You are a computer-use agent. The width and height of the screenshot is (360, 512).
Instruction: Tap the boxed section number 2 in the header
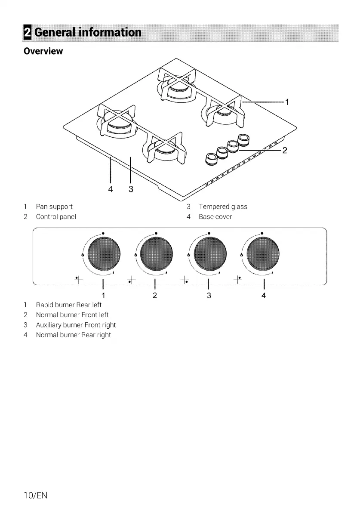click(x=28, y=33)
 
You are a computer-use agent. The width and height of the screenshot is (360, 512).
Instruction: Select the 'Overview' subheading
click(x=43, y=51)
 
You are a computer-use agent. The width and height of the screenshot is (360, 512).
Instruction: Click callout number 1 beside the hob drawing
click(x=287, y=102)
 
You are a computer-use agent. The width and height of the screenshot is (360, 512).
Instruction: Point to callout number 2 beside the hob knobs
click(x=284, y=150)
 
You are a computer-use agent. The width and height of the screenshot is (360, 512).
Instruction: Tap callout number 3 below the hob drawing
click(x=131, y=189)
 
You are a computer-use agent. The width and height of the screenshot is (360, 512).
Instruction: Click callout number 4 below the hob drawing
click(x=111, y=189)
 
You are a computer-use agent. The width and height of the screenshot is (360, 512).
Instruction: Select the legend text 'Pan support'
click(x=54, y=207)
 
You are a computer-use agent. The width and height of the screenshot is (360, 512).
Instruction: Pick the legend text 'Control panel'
click(x=55, y=217)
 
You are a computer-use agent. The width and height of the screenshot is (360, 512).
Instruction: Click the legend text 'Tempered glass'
click(x=223, y=207)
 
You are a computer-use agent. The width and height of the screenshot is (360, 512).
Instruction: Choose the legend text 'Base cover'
click(x=215, y=217)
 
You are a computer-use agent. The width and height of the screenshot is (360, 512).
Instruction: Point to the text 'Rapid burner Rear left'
click(x=69, y=305)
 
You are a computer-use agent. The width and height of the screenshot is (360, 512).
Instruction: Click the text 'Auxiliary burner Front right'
click(x=76, y=325)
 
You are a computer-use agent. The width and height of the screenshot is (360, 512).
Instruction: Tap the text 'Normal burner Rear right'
click(x=73, y=335)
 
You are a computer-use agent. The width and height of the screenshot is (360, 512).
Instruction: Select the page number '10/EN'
click(x=35, y=495)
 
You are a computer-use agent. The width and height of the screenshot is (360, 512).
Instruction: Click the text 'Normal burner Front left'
click(x=72, y=315)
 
